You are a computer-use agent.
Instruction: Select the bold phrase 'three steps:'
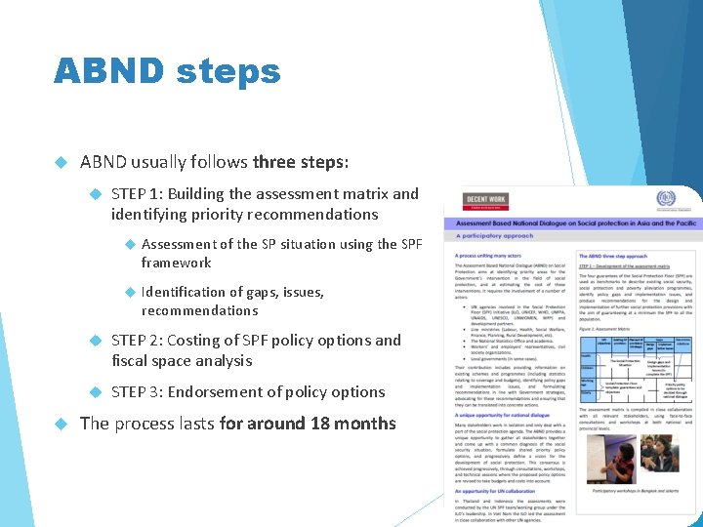coord(300,161)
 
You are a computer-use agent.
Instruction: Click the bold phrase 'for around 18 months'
coord(308,424)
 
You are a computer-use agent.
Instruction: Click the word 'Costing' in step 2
coord(201,341)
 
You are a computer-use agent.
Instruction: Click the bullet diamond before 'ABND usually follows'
coord(61,162)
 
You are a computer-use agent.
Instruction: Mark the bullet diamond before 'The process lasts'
coord(61,424)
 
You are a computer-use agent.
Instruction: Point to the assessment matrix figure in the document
coord(636,361)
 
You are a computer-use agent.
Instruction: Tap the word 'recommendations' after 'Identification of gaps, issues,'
coord(199,310)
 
